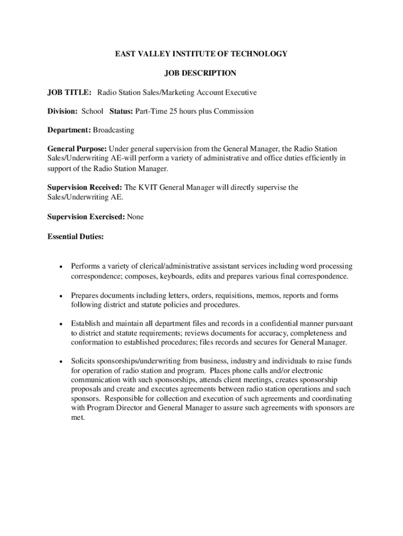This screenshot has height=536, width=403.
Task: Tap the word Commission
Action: coord(234,111)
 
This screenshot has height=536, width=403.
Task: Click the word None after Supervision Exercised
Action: coord(135,217)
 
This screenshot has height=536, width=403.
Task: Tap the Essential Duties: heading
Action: coord(75,237)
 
